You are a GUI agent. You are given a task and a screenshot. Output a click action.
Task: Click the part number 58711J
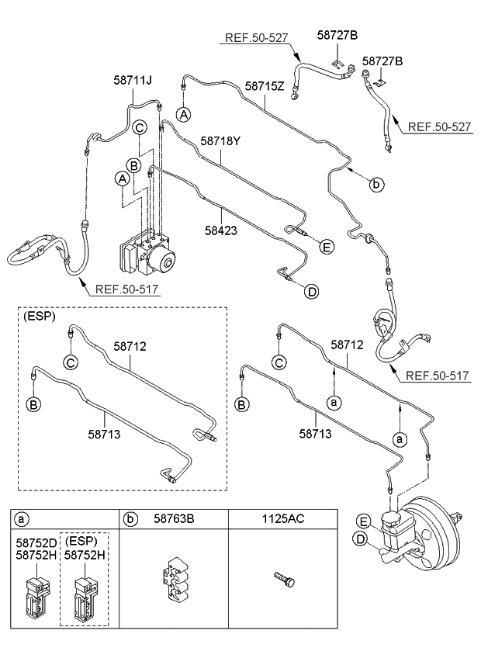click(x=133, y=80)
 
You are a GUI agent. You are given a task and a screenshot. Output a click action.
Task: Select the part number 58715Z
click(x=265, y=86)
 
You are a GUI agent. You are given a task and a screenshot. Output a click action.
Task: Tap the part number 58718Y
click(x=220, y=141)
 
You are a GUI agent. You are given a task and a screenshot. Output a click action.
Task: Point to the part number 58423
click(x=221, y=230)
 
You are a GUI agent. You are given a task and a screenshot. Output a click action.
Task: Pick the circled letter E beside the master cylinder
click(x=364, y=521)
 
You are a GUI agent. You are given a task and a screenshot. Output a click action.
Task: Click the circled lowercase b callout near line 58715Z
click(x=377, y=184)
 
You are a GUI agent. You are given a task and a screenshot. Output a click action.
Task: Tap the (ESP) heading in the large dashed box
click(x=39, y=317)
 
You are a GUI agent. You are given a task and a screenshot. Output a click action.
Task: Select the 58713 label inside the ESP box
click(x=104, y=434)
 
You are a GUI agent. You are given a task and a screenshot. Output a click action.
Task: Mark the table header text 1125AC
click(x=283, y=518)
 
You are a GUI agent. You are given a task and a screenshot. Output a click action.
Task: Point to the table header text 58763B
click(x=174, y=518)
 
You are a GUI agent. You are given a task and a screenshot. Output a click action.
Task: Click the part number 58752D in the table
click(x=36, y=543)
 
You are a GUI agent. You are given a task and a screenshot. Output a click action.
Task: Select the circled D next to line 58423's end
click(x=311, y=291)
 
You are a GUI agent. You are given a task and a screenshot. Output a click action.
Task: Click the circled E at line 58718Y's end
click(x=327, y=247)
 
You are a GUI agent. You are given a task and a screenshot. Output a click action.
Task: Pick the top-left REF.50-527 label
click(x=257, y=38)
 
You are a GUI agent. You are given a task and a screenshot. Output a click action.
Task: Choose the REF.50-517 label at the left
click(x=126, y=289)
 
